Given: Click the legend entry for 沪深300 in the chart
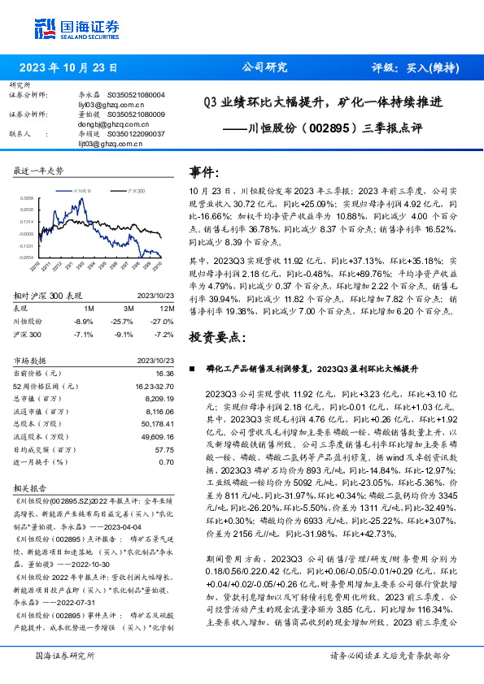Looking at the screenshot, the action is [x=134, y=188].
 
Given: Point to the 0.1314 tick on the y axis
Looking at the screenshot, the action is [x=27, y=221].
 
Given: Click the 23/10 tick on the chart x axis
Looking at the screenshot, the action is [x=157, y=265].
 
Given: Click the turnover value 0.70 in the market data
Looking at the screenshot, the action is [x=167, y=461].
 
